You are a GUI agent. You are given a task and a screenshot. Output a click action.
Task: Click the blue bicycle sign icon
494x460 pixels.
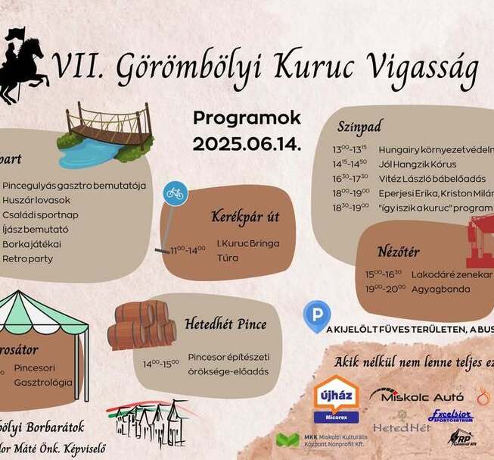tap(175, 194)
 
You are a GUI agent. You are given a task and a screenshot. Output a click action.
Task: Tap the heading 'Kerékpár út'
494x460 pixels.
tap(245, 217)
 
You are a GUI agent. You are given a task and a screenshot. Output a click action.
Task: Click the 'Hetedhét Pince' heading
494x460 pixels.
tap(225, 324)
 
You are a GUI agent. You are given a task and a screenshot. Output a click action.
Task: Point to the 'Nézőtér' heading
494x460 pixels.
tap(398, 252)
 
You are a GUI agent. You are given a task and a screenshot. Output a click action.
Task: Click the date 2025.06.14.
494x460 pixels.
tap(247, 144)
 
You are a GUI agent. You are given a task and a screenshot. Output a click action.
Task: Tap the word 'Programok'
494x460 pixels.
tap(247, 118)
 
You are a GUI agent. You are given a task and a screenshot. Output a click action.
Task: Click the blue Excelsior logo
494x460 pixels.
tap(451, 416)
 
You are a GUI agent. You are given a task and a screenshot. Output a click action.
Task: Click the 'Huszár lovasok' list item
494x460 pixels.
tap(36, 200)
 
